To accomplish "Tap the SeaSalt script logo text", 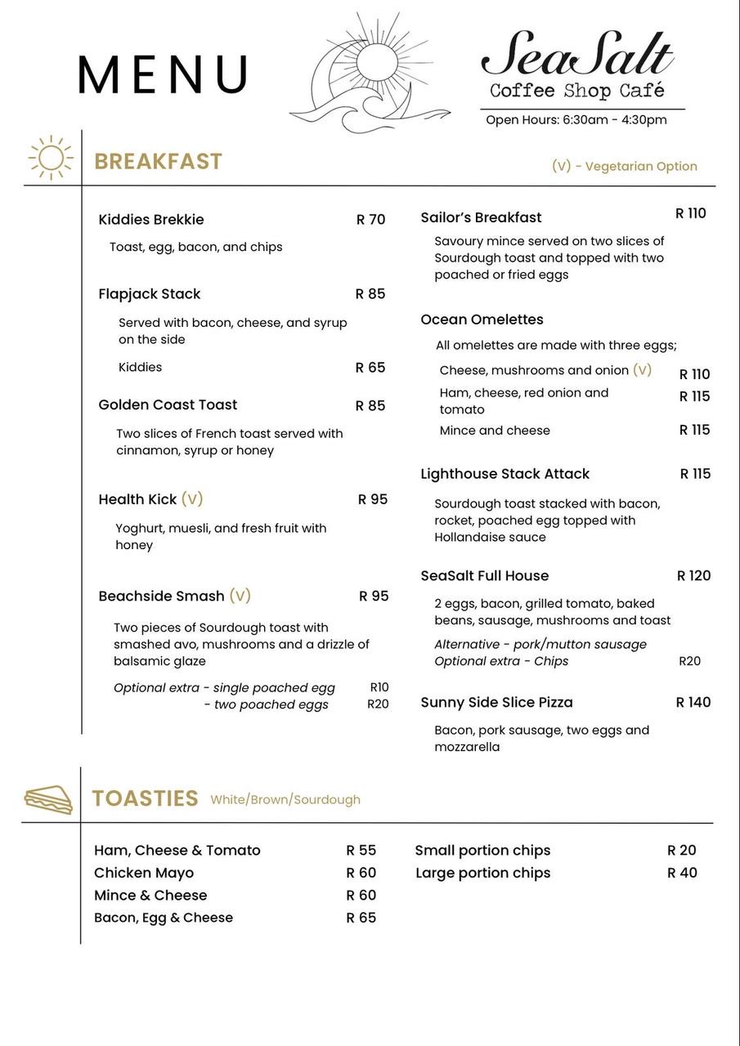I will coord(577,54).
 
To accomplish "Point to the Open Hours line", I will coord(576,120).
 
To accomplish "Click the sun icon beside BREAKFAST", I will coord(51,158).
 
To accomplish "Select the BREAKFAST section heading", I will coord(158,161).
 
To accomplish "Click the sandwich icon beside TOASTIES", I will coord(48,799).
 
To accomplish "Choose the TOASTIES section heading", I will coord(145,798).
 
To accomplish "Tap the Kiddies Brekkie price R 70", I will coord(370,219).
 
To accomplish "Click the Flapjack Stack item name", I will coord(149,294).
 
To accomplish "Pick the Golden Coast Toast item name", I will coord(168,405).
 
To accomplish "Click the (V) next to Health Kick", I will coord(192,498).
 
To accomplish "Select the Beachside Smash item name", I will coord(161,596).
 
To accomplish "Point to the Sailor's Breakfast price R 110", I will coord(690,213).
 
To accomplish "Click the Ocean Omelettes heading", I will coord(482,320).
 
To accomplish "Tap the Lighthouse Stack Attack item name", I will coord(505,474).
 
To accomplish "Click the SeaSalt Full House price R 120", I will coord(693,575).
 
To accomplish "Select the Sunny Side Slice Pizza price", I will coord(693,702).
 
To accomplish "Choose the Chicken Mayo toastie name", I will coord(144,873).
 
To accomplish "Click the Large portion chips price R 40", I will coord(682,873).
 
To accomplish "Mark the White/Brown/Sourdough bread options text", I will coord(285,800).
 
